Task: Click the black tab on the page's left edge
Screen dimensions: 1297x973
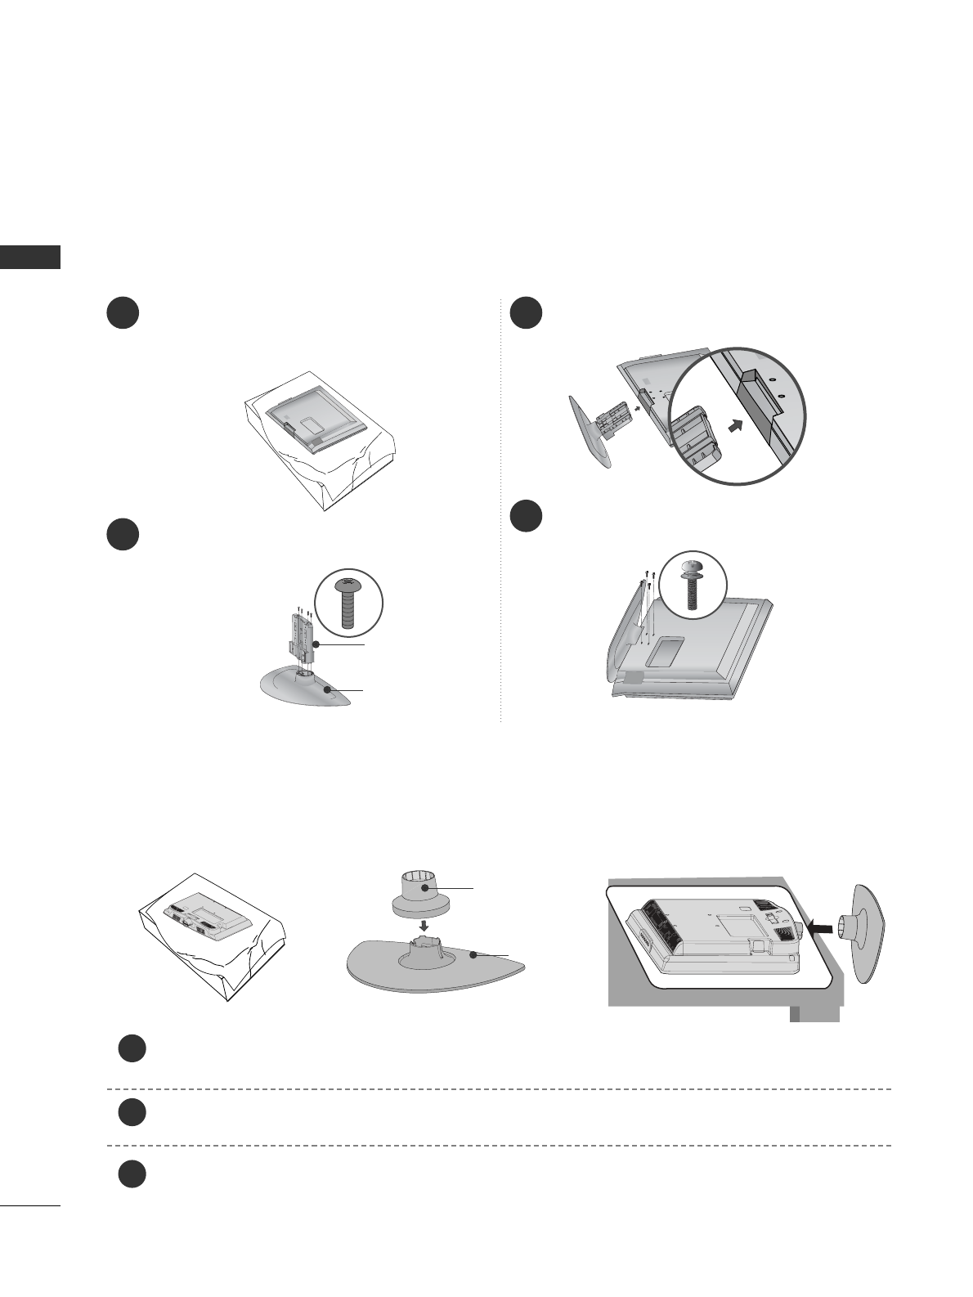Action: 30,256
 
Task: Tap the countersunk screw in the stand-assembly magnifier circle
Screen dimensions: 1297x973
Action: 348,604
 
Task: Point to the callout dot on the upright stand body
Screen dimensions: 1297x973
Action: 316,644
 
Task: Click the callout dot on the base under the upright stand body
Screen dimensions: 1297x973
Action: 328,690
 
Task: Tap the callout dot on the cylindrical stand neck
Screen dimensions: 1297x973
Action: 425,886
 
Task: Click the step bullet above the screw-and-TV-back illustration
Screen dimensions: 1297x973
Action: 527,516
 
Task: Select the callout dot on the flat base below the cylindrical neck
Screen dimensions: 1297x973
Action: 473,954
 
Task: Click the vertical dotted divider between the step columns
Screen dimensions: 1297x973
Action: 500,507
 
